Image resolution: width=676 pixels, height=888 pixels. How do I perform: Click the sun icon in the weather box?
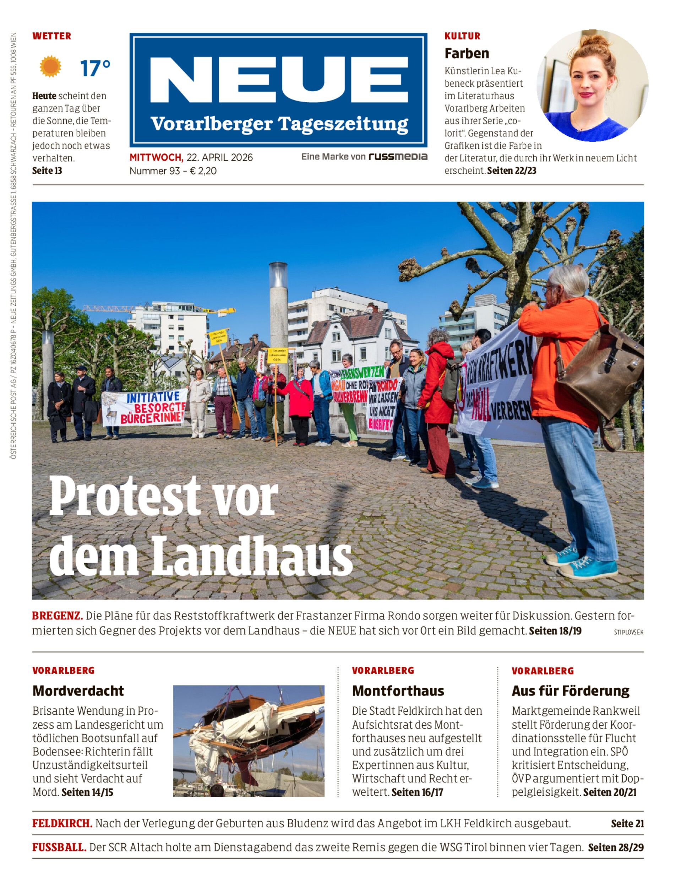click(50, 66)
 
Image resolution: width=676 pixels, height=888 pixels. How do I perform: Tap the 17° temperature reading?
click(95, 68)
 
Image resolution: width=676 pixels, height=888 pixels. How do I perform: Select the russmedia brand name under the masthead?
click(398, 157)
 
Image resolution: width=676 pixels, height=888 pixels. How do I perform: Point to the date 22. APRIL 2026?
click(219, 157)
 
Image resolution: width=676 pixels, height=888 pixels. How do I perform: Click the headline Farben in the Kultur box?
click(467, 53)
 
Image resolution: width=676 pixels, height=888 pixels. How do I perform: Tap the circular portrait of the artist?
click(592, 85)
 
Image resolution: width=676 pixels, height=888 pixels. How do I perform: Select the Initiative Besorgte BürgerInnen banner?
click(145, 408)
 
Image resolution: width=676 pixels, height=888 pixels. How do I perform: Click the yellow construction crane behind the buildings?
click(161, 309)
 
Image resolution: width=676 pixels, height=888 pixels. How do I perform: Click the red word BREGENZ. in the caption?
click(58, 616)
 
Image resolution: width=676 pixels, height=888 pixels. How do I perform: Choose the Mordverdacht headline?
click(78, 691)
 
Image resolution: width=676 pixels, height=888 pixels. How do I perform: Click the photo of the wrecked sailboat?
click(249, 741)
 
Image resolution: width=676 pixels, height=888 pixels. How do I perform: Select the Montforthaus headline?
click(398, 691)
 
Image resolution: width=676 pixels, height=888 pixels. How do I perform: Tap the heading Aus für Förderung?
click(570, 691)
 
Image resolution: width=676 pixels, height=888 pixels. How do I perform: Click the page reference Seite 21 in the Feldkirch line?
click(627, 823)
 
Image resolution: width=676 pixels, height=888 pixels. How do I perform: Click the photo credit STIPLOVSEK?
click(628, 632)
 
